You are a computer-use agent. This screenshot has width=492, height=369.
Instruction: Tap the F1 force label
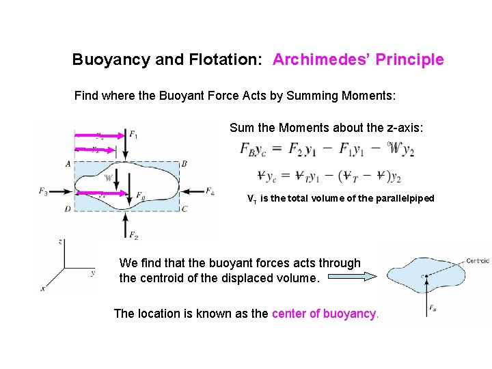133,135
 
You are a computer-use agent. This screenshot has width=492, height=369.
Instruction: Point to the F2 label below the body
133,236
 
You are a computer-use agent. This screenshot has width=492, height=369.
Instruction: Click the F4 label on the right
210,191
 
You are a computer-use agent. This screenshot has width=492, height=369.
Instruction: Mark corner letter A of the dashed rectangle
68,164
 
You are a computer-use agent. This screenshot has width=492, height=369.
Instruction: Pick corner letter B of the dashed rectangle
184,164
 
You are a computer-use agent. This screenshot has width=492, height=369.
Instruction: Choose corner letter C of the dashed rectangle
184,209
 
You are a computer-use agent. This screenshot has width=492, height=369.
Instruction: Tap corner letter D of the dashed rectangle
68,209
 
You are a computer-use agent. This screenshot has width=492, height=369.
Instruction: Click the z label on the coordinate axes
61,242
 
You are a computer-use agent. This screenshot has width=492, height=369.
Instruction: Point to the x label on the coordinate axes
42,289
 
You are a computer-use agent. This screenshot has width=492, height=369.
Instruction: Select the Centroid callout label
477,260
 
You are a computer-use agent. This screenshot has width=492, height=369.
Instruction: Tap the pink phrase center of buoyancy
324,314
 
